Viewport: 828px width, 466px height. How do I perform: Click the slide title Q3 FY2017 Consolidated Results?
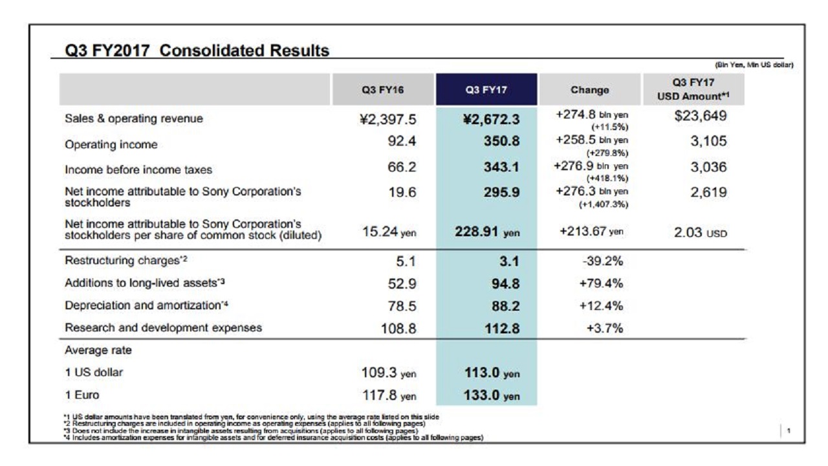pyautogui.click(x=197, y=50)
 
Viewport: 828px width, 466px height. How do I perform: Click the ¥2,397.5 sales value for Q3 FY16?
pyautogui.click(x=386, y=118)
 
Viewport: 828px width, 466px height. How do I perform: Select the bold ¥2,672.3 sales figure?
pyautogui.click(x=488, y=119)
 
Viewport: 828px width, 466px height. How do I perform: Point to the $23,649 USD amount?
pyautogui.click(x=700, y=116)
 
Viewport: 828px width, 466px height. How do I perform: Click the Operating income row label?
pyautogui.click(x=111, y=144)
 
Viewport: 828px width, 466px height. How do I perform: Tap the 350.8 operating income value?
pyautogui.click(x=501, y=142)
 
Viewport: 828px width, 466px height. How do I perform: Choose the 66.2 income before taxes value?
pyautogui.click(x=402, y=167)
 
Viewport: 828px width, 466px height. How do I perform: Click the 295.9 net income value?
pyautogui.click(x=501, y=193)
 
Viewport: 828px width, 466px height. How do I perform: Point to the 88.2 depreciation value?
pyautogui.click(x=506, y=305)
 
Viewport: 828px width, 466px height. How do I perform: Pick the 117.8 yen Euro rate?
pyautogui.click(x=388, y=395)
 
